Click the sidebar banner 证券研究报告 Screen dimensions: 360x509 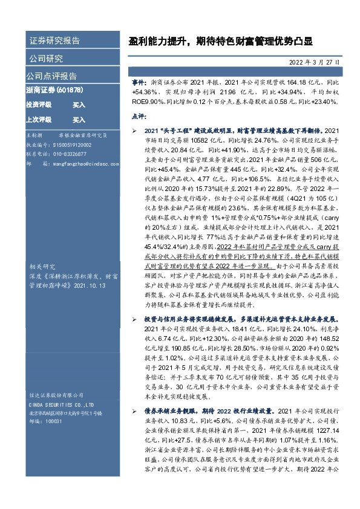pos(54,41)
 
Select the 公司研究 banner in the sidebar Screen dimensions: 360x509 pos(45,59)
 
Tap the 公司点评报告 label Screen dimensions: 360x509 pos(51,76)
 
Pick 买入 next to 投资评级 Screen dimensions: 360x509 pos(79,105)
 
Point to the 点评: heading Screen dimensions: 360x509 pos(139,115)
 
